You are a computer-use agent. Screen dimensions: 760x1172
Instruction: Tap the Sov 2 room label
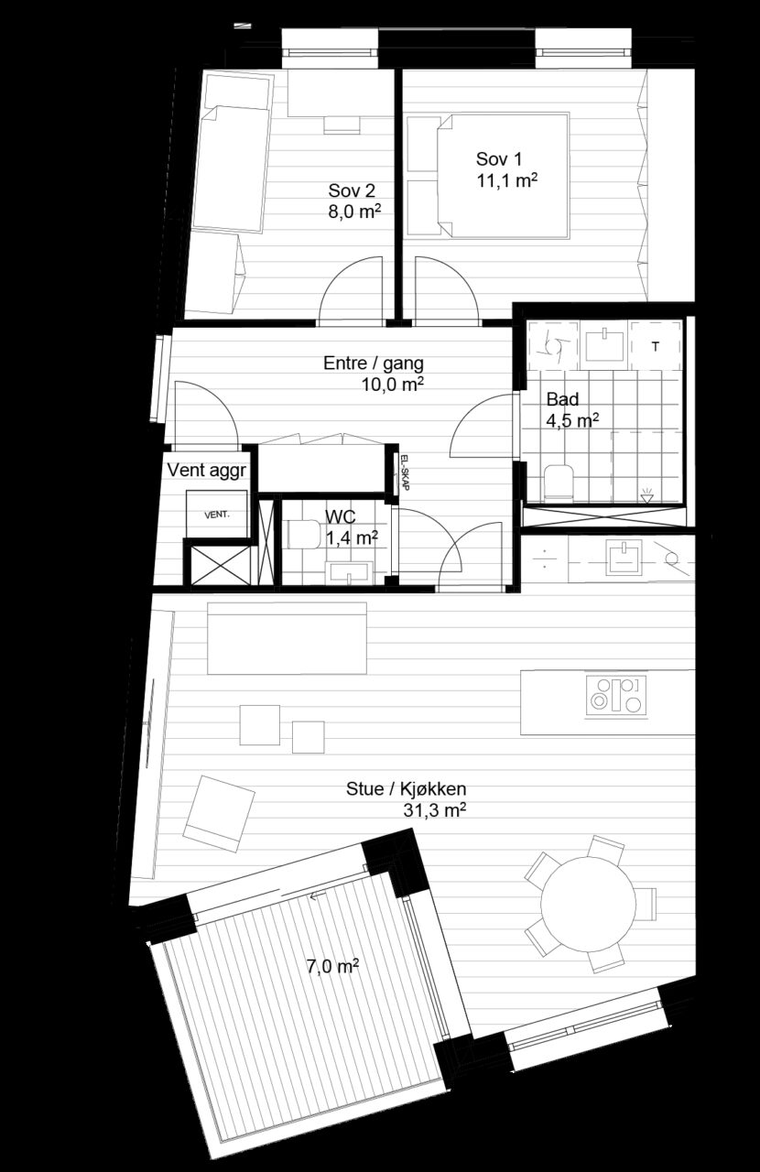coord(352,190)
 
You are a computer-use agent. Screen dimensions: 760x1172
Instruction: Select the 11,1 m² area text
coord(507,180)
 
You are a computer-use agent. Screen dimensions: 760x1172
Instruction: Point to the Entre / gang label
coord(374,364)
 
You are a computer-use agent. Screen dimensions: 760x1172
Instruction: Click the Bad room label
coord(562,399)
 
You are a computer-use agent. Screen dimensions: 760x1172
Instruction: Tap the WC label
coord(341,517)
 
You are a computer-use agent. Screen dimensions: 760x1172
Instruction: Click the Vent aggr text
coord(206,471)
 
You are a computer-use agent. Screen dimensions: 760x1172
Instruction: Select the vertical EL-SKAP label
coord(404,472)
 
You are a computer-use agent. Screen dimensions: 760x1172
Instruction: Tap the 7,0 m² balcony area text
coord(332,966)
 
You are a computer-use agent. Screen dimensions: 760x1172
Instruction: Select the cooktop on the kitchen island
coord(616,695)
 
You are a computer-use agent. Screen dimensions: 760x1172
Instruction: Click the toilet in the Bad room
coord(559,482)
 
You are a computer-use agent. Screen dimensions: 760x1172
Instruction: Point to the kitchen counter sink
coord(624,557)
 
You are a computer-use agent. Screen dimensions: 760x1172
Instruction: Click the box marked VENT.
coord(217,514)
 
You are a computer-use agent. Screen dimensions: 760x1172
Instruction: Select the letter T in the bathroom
coord(656,346)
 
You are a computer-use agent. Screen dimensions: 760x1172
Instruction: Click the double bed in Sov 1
coord(503,177)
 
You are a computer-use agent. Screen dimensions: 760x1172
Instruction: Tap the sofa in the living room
coord(287,638)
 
